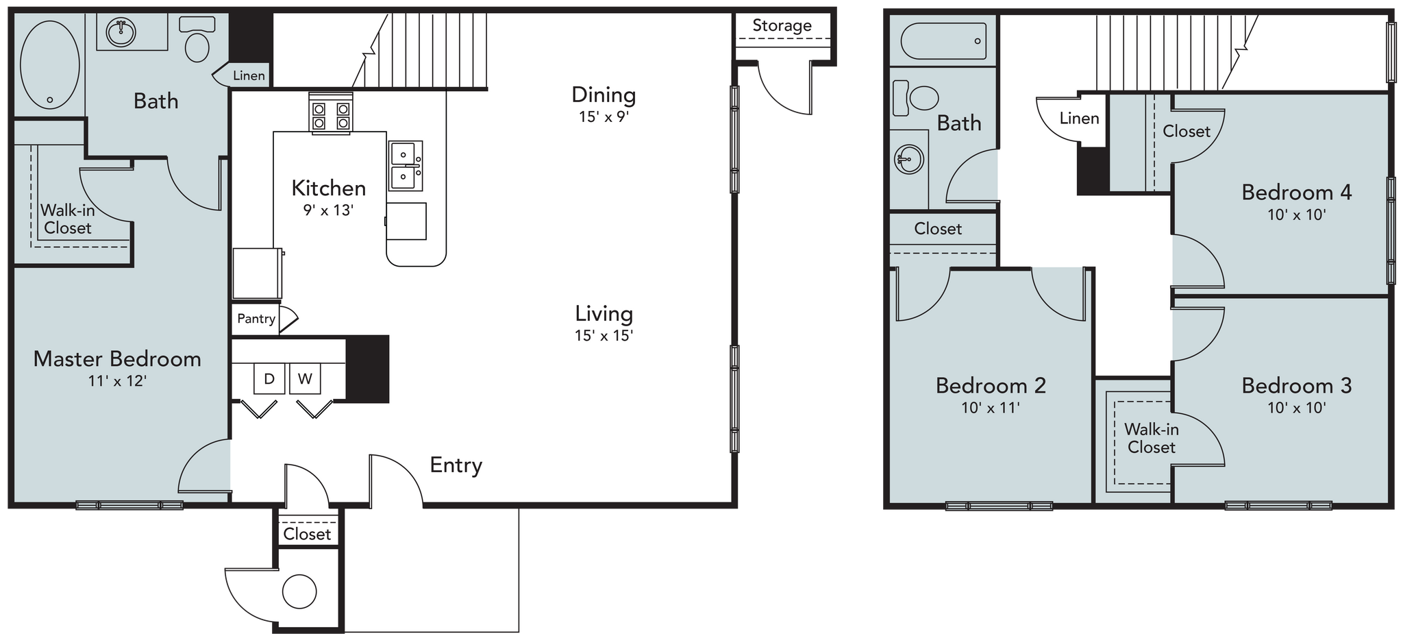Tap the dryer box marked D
(269, 379)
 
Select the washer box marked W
(305, 379)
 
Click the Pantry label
(256, 319)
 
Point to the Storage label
(782, 26)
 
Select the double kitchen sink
(406, 165)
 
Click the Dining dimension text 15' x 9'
(604, 117)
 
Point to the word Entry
(456, 465)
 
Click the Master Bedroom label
(117, 359)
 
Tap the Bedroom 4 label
(1296, 193)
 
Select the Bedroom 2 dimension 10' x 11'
(990, 408)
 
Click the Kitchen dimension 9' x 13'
(328, 210)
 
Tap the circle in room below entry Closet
(299, 591)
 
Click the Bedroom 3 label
(1296, 386)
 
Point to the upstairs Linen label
(1079, 119)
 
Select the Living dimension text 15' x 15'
(604, 336)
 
